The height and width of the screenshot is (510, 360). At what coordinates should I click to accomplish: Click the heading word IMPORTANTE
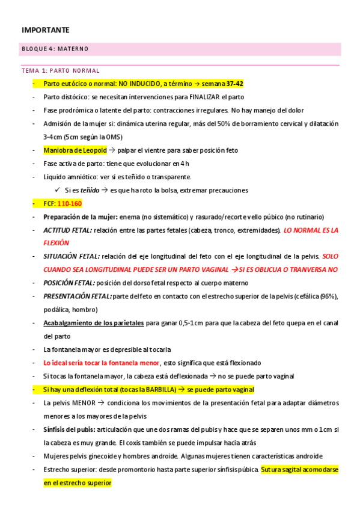pos(46,29)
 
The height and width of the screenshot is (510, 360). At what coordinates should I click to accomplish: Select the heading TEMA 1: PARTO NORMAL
pos(60,70)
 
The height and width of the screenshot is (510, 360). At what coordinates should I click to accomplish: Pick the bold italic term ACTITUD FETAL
pos(67,230)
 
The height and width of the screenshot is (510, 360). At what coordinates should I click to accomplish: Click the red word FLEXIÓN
pos(56,243)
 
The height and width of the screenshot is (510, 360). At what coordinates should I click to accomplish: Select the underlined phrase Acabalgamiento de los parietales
pos(94,323)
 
